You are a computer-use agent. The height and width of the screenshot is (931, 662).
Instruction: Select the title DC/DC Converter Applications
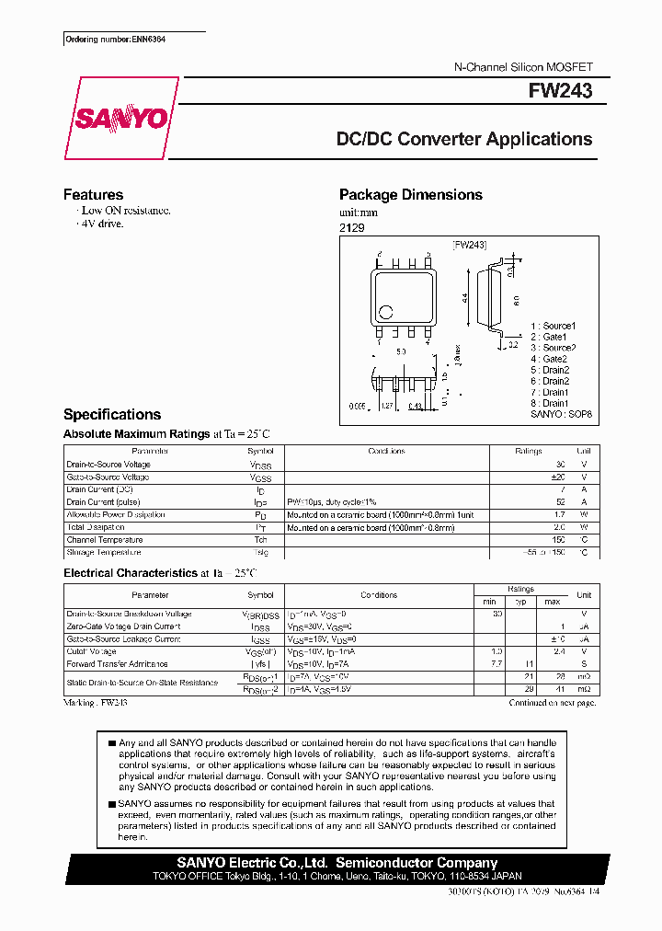(464, 140)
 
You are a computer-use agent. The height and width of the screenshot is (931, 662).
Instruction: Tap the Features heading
(93, 195)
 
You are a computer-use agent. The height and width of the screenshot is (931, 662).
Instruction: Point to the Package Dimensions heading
(410, 195)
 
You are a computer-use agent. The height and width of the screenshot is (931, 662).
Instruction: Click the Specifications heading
(111, 415)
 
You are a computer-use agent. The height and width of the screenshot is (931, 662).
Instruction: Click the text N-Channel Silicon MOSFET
(524, 68)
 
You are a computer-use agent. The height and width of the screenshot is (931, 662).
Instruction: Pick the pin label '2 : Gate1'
(549, 337)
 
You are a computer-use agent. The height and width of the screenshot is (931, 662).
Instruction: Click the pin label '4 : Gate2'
(549, 359)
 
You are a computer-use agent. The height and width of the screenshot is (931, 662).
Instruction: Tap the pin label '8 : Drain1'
(550, 403)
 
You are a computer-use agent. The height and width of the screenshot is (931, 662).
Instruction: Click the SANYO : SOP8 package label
(562, 415)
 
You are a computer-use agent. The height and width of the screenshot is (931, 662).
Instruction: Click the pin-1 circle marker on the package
(386, 311)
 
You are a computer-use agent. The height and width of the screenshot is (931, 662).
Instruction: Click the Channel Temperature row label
(105, 540)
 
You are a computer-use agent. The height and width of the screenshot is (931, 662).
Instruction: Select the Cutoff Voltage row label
(91, 651)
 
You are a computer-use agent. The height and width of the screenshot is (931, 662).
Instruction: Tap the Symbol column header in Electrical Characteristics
(260, 595)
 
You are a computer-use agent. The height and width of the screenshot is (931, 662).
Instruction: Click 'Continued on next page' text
(553, 703)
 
